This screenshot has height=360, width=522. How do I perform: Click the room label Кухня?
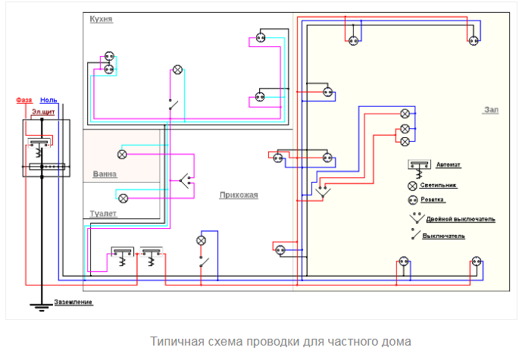101,19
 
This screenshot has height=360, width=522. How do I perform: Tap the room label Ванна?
105,174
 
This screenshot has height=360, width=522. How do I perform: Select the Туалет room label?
102,214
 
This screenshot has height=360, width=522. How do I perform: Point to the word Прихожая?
239,195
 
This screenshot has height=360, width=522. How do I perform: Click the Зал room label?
491,110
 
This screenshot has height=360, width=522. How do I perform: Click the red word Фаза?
24,100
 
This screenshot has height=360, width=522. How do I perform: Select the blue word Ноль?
48,100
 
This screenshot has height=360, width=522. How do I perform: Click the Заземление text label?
73,303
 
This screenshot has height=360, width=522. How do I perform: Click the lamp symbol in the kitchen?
178,70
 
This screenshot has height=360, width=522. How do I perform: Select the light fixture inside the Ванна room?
121,154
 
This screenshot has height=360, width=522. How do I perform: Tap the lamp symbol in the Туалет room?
123,198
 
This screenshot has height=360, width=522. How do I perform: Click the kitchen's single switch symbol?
173,104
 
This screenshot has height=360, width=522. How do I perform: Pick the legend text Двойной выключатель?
461,219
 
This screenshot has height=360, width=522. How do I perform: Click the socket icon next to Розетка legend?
414,201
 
